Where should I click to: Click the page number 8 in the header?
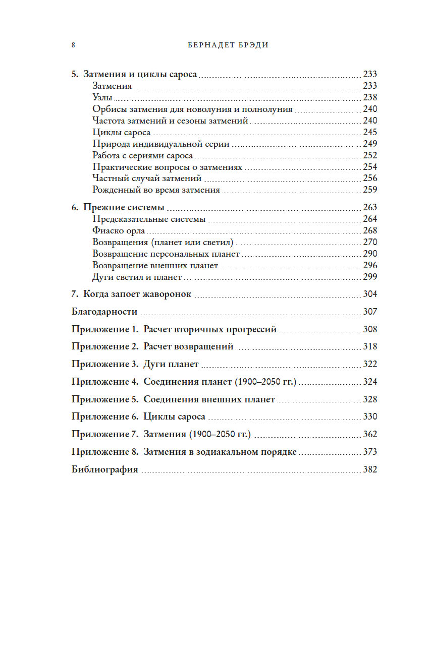[x=74, y=45]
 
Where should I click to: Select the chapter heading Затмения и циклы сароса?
[x=140, y=74]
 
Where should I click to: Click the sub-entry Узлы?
[x=102, y=97]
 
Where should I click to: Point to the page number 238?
[x=370, y=97]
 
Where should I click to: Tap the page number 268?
[x=370, y=230]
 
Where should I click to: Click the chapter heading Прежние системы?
[x=124, y=207]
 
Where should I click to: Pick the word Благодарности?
[x=105, y=312]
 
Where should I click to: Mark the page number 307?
[x=370, y=312]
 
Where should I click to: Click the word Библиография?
[x=105, y=469]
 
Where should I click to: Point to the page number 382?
[x=370, y=469]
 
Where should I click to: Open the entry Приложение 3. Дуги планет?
[x=135, y=364]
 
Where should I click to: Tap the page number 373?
[x=370, y=452]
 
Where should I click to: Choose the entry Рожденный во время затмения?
[x=156, y=190]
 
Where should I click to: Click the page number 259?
[x=370, y=190]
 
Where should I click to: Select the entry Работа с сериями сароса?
[x=143, y=155]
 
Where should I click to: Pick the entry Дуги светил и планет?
[x=137, y=277]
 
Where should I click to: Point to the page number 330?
[x=370, y=417]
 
